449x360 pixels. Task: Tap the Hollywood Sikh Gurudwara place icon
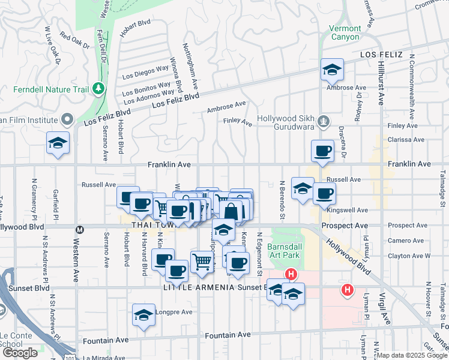pos(324,121)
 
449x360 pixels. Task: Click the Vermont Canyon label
pos(345,32)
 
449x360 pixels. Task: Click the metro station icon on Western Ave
pos(79,229)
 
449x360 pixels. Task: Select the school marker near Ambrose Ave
pos(331,70)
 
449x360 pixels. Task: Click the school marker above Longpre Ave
pos(144,315)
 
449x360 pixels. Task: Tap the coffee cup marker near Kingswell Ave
pos(324,193)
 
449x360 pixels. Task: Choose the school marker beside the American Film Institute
pos(58,143)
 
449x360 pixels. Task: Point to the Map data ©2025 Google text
pos(412,355)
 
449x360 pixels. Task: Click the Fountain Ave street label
pos(228,335)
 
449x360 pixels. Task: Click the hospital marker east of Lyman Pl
pos(347,290)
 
